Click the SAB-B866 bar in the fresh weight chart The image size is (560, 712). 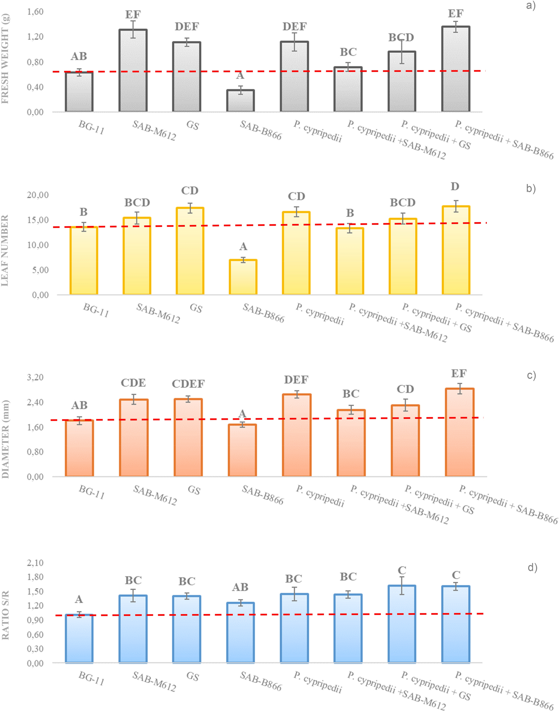tap(240, 101)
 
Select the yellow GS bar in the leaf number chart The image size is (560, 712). tap(190, 251)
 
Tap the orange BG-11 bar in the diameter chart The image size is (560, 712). tap(79, 448)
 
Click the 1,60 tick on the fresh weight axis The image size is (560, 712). tap(35, 12)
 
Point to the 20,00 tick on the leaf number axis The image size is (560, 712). tap(37, 195)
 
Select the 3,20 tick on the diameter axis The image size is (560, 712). tap(35, 377)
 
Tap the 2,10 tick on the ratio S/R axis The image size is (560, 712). tap(35, 563)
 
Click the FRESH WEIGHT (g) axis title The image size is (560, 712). tap(6, 59)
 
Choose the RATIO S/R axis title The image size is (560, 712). tap(6, 615)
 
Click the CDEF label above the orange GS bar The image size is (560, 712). tap(188, 383)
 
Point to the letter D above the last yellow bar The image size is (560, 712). tap(455, 187)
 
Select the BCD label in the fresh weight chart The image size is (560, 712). tap(401, 37)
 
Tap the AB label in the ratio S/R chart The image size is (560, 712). tap(240, 587)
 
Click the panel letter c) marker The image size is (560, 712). tap(531, 375)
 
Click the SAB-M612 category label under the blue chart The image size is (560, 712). tap(154, 681)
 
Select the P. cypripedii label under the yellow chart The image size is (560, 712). tap(320, 314)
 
